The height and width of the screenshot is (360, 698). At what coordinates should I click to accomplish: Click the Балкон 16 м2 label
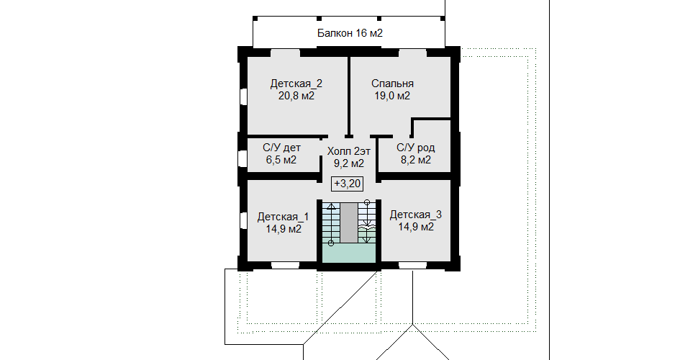[x=350, y=33]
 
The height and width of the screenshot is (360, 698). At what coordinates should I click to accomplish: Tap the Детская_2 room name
[x=296, y=84]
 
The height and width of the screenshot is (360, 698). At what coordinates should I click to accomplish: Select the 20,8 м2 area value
[x=296, y=95]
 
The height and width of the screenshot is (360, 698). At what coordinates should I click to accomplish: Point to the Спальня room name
[x=393, y=84]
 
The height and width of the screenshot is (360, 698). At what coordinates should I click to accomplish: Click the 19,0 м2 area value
[x=392, y=95]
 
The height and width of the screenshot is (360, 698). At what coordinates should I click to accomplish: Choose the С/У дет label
[x=281, y=148]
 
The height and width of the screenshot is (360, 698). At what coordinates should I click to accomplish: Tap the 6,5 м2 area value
[x=281, y=160]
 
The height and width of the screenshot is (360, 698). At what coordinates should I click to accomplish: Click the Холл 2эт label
[x=349, y=151]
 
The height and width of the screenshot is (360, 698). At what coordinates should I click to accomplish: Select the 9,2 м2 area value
[x=349, y=163]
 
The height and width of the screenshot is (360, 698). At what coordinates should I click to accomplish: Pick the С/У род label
[x=416, y=148]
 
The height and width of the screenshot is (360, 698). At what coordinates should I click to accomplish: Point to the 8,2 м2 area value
[x=416, y=160]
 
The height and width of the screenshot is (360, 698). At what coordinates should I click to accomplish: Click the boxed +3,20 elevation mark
[x=348, y=183]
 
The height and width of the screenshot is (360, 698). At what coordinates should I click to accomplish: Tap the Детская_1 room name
[x=283, y=217]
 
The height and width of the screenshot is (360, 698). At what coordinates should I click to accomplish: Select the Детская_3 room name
[x=416, y=215]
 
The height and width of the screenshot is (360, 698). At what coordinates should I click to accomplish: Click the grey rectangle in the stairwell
[x=349, y=222]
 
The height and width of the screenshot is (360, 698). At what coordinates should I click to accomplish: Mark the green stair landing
[x=349, y=253]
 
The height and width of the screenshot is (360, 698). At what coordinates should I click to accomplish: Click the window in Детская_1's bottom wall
[x=286, y=266]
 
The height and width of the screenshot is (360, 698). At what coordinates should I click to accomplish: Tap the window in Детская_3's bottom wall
[x=412, y=266]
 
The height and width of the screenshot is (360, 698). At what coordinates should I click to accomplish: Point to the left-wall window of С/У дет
[x=243, y=158]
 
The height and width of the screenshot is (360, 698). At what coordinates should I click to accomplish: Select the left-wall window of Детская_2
[x=243, y=96]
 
